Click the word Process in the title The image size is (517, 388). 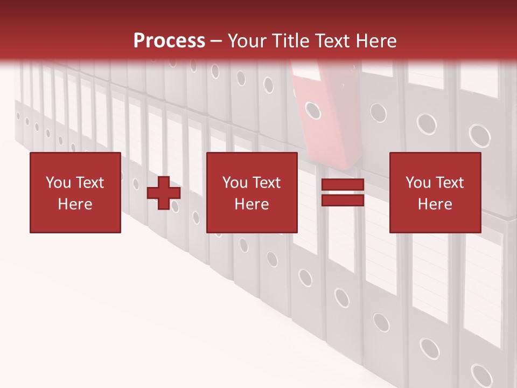click(169, 40)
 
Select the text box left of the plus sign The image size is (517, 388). click(75, 192)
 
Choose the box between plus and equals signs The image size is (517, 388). click(252, 192)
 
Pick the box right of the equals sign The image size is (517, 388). click(435, 192)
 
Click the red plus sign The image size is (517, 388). click(164, 192)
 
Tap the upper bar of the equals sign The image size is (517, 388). click(343, 185)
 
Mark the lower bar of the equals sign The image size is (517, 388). click(343, 200)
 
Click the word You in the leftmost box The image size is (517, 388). click(58, 183)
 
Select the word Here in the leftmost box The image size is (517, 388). click(75, 204)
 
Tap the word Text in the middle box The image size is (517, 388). click(266, 183)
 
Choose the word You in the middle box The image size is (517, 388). click(235, 183)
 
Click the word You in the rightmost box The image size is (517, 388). click(418, 183)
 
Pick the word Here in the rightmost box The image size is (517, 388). click(435, 204)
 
